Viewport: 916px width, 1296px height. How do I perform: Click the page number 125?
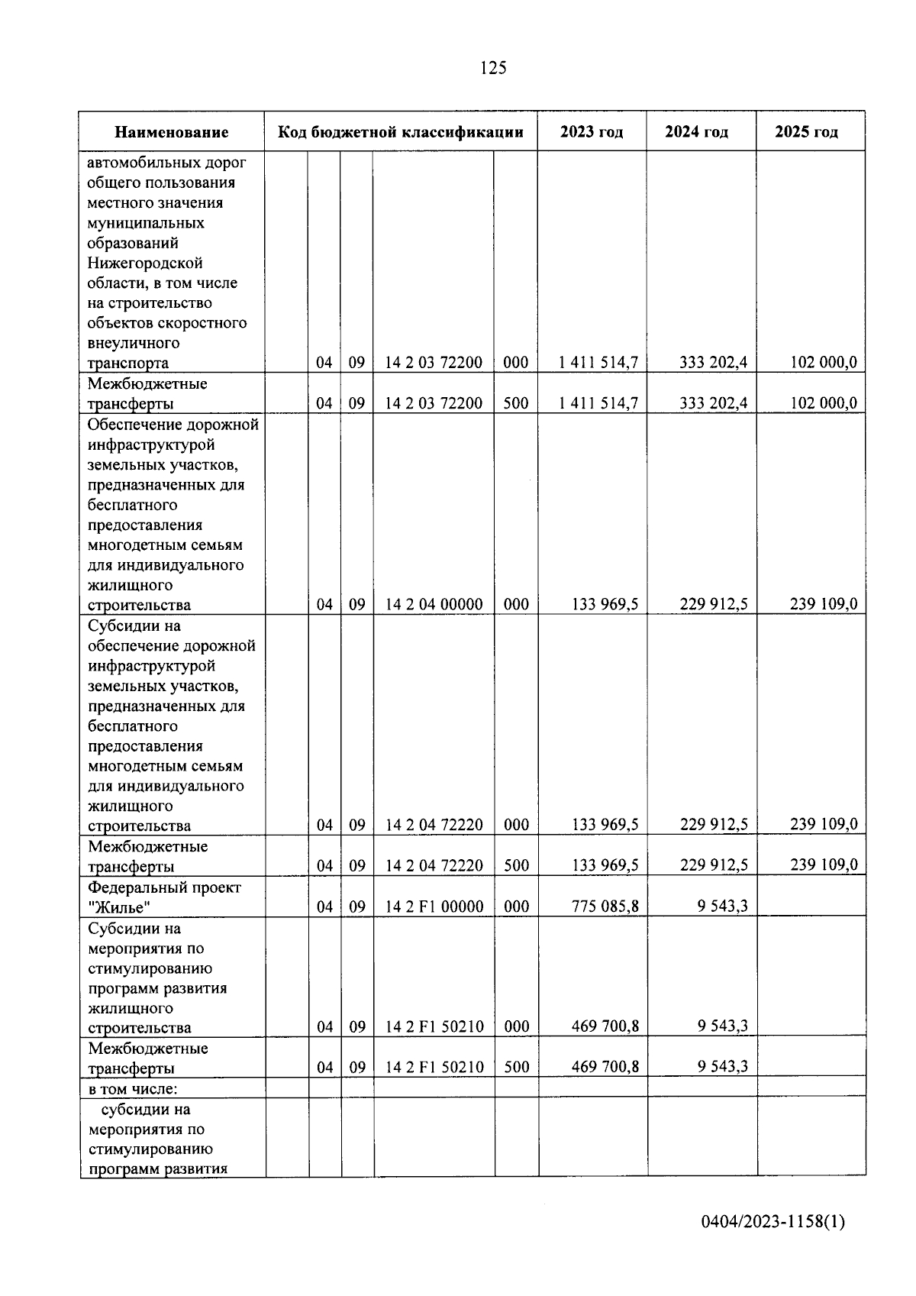click(x=493, y=68)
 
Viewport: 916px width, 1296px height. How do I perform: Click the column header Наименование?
click(x=172, y=132)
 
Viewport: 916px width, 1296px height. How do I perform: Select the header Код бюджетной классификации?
click(x=401, y=131)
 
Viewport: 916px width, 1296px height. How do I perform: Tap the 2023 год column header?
click(x=592, y=131)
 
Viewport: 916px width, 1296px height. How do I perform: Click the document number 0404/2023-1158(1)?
click(x=773, y=1222)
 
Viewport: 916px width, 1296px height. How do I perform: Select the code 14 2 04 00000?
click(x=434, y=604)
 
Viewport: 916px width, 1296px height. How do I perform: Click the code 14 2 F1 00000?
click(x=434, y=907)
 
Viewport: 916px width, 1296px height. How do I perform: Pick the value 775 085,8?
click(x=605, y=907)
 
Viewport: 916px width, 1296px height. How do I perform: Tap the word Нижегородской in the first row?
click(x=145, y=263)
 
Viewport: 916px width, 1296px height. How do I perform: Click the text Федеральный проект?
click(x=164, y=887)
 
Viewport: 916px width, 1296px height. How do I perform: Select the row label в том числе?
click(x=133, y=1088)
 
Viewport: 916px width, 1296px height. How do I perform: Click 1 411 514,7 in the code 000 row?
click(x=598, y=362)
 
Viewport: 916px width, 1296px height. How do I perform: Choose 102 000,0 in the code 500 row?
click(x=823, y=402)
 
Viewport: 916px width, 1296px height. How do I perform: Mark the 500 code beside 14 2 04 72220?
click(x=517, y=865)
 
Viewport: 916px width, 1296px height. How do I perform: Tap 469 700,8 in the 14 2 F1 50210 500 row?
click(x=605, y=1067)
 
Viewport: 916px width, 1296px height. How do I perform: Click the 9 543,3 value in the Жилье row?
click(x=722, y=907)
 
